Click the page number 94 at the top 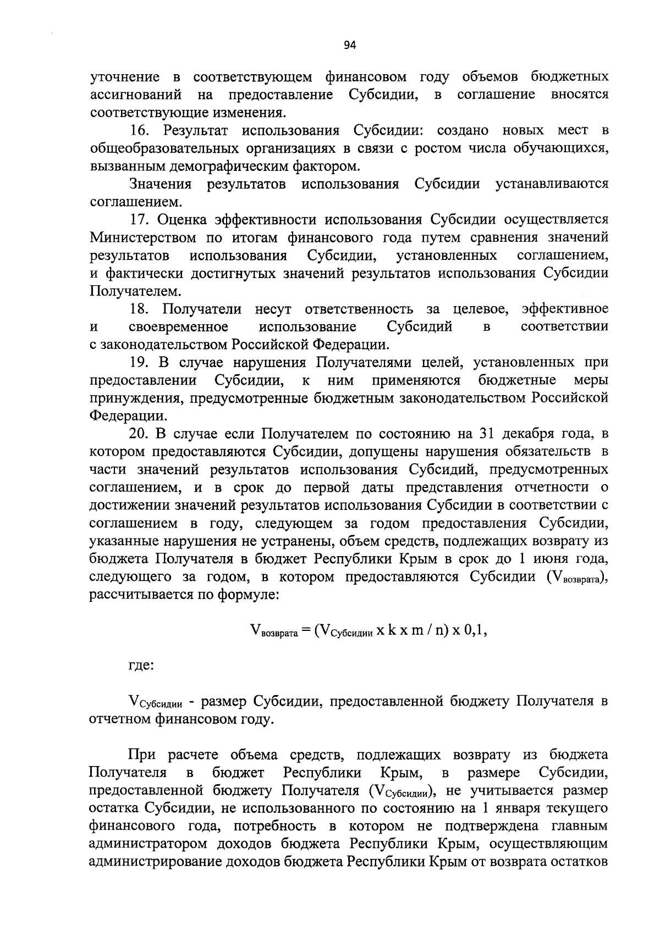[x=350, y=46]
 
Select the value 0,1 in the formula [x=475, y=631]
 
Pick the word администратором [x=147, y=845]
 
